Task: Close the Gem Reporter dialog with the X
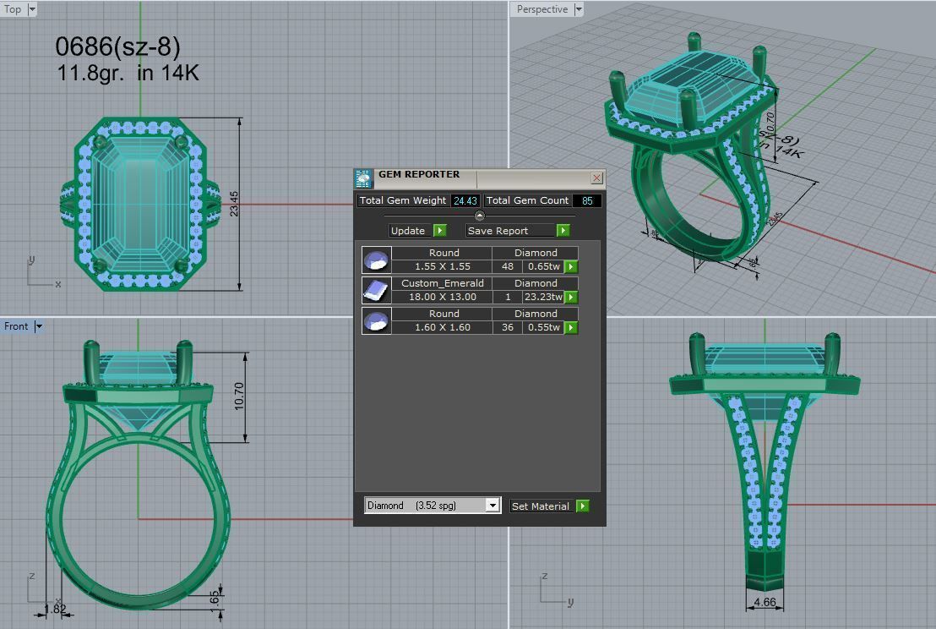pyautogui.click(x=596, y=178)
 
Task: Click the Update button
pyautogui.click(x=409, y=231)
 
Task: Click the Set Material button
pyautogui.click(x=541, y=506)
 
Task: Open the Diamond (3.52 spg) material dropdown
pyautogui.click(x=492, y=506)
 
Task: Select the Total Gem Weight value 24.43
pyautogui.click(x=465, y=201)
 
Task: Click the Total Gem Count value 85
pyautogui.click(x=586, y=201)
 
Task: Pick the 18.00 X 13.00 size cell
pyautogui.click(x=444, y=298)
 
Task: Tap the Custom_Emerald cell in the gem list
pyautogui.click(x=444, y=283)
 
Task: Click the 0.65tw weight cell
pyautogui.click(x=543, y=267)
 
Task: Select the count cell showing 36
pyautogui.click(x=507, y=328)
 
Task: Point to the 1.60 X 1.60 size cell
pyautogui.click(x=444, y=328)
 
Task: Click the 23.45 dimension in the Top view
pyautogui.click(x=234, y=203)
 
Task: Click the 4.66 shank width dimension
pyautogui.click(x=764, y=603)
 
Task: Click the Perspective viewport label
pyautogui.click(x=541, y=9)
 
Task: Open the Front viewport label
pyautogui.click(x=16, y=326)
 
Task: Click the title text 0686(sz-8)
pyautogui.click(x=117, y=46)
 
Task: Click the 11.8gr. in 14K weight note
pyautogui.click(x=128, y=74)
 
